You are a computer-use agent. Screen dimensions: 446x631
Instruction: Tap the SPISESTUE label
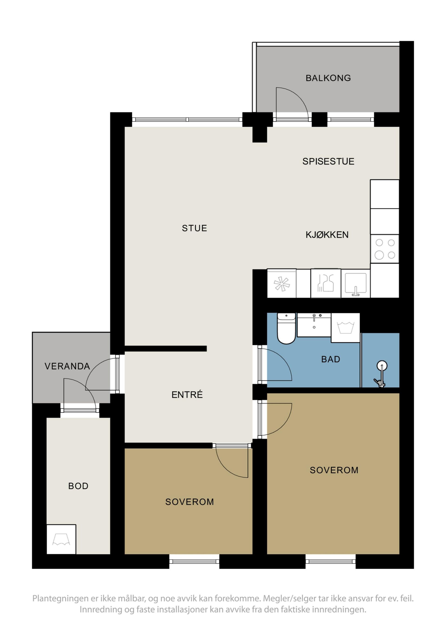click(x=328, y=161)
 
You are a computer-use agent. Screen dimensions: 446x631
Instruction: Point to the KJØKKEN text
click(x=327, y=235)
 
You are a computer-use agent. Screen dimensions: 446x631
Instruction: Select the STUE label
click(x=194, y=228)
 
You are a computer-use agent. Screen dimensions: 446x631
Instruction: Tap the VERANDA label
click(x=67, y=366)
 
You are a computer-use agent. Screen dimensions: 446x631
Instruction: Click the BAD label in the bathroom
click(x=331, y=359)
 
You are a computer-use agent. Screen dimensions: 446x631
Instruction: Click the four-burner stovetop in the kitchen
click(x=384, y=249)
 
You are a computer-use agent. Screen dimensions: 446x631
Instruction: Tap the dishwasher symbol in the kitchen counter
click(x=326, y=283)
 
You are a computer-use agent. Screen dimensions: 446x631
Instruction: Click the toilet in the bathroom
click(x=286, y=329)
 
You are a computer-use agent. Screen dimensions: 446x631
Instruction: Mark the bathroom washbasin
click(x=314, y=325)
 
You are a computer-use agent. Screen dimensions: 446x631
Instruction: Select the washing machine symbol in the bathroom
click(x=345, y=328)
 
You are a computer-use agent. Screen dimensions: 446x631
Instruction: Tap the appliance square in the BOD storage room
click(x=61, y=539)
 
